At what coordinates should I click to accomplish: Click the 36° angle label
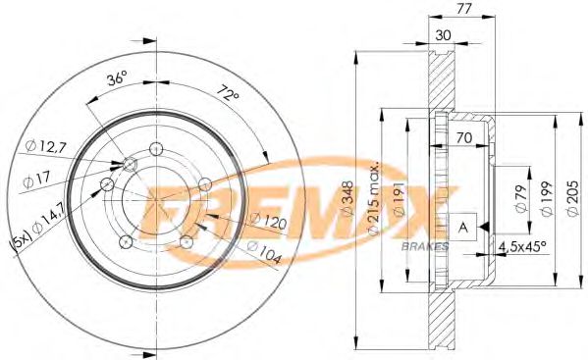tap(117, 79)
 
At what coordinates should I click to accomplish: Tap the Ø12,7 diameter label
tap(46, 146)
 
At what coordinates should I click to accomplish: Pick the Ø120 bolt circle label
tap(268, 221)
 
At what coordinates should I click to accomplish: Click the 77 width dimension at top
tap(464, 8)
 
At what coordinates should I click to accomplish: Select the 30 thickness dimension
tap(443, 35)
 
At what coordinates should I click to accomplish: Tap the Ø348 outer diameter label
tap(347, 198)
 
